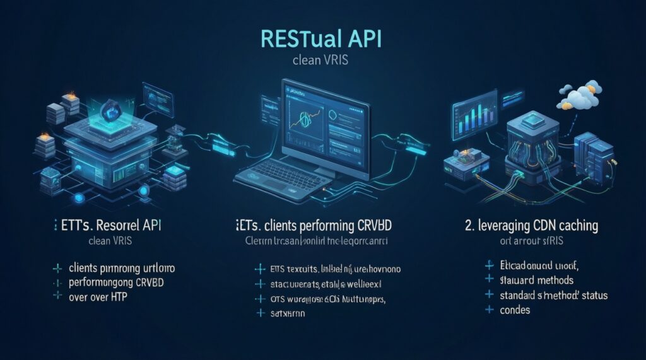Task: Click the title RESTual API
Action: [322, 39]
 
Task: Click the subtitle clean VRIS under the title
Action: [322, 62]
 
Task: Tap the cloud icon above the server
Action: [578, 95]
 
